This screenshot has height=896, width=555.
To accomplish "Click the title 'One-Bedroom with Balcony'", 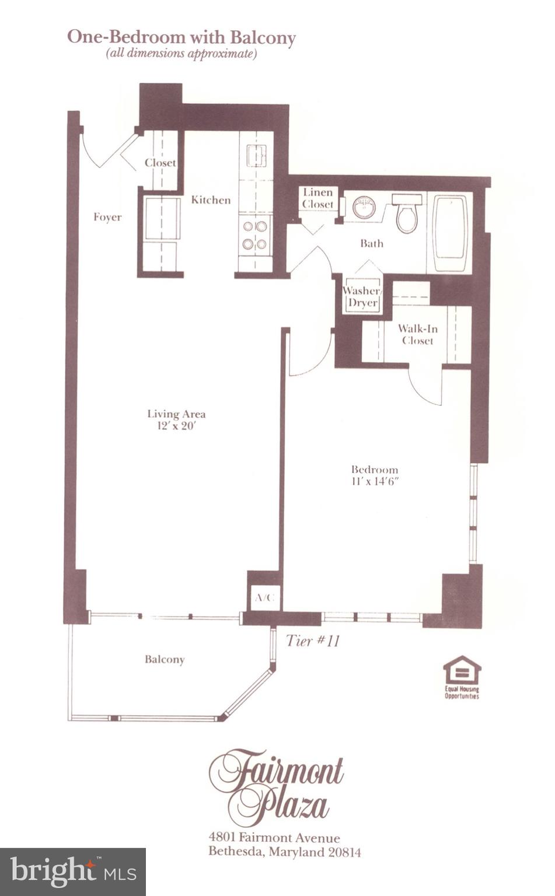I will point(181,37).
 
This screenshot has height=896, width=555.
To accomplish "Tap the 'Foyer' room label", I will point(107,217).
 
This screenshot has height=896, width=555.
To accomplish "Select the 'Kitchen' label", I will point(211,200).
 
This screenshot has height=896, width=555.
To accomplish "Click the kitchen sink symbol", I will point(256,156).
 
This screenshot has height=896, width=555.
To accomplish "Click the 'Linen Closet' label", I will point(318,198).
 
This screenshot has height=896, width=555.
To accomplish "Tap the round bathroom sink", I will point(364,206).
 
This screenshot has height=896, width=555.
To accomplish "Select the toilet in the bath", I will point(407,213).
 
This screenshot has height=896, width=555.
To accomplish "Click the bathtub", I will point(449,233).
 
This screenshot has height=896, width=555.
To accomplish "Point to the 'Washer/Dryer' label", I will point(362,297).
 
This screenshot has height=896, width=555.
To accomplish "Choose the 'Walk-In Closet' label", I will point(417,335).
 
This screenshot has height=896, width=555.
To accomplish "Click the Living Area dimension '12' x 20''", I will point(176,426).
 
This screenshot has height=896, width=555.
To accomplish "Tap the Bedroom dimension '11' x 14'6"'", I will point(374,482).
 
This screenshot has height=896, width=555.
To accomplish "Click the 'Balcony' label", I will point(165,659).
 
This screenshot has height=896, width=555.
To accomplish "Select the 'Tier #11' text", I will point(313,640).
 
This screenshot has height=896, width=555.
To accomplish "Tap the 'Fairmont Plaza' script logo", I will point(276,785).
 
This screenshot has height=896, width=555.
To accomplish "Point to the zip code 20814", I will point(343,852).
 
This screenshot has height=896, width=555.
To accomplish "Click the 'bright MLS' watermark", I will point(73,871).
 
